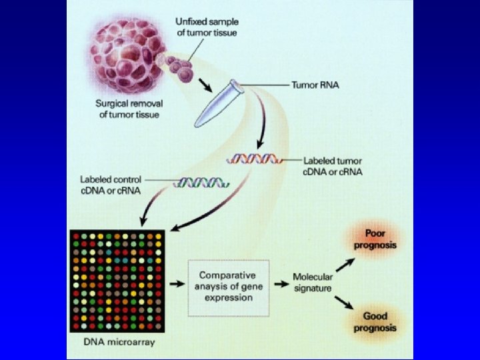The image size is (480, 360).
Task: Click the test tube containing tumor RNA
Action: [217, 103]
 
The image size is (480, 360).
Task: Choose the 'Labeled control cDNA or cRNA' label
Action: [111, 184]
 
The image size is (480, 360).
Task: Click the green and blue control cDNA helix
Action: [201, 182]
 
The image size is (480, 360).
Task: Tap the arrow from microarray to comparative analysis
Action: [176, 283]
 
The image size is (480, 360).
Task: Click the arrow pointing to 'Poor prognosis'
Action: [345, 265]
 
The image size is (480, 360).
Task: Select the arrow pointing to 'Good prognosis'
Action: [345, 303]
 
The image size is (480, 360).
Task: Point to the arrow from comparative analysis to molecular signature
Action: [281, 283]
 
